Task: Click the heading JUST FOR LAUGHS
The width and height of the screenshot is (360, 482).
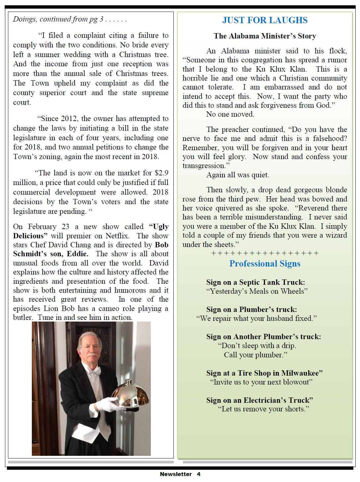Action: (265, 20)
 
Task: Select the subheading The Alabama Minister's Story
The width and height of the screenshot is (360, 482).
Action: (265, 36)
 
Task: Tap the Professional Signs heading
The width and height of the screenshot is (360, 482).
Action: (265, 264)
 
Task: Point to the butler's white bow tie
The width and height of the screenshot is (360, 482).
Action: (94, 371)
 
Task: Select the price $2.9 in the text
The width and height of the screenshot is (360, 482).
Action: (161, 173)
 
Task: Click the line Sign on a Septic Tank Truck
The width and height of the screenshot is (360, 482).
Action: (255, 282)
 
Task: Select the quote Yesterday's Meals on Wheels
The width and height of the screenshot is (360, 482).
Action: (257, 291)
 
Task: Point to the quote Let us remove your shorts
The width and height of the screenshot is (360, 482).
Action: (263, 409)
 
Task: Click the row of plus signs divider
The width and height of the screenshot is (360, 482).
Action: (265, 253)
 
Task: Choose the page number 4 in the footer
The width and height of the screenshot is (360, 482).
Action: (198, 474)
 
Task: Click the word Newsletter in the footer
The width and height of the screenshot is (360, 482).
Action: (176, 474)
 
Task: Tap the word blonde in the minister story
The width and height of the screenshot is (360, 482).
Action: (336, 190)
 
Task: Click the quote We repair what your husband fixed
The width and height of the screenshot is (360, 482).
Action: (256, 318)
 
